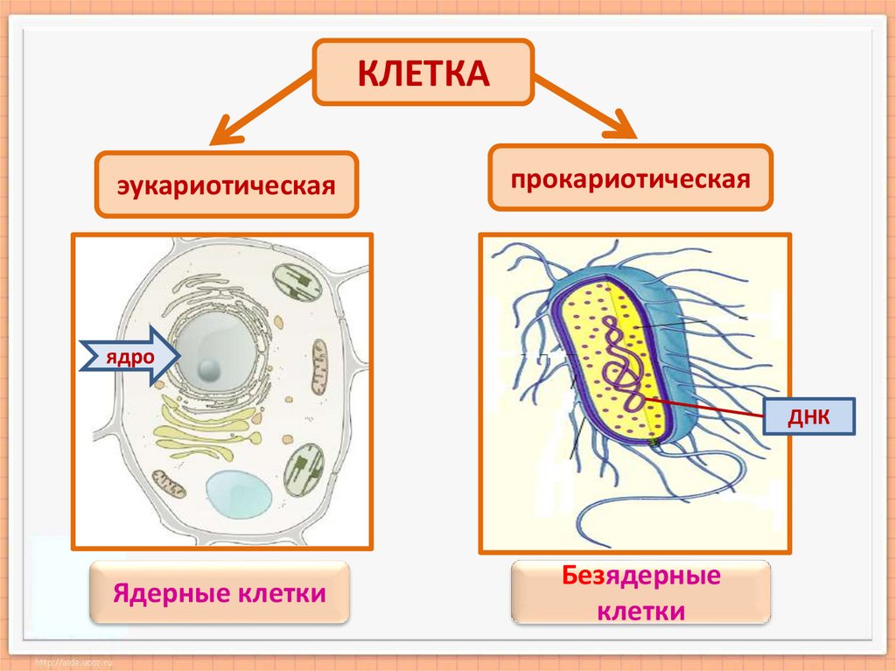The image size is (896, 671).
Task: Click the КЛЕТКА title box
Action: pos(423,72)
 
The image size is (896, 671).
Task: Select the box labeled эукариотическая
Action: pos(227,185)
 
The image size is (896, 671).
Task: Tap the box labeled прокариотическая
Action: pos(630,178)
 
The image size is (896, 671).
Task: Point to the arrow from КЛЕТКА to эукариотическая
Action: pos(261,108)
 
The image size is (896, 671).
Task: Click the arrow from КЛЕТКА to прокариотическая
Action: pos(584,107)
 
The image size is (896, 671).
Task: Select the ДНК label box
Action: pos(808,417)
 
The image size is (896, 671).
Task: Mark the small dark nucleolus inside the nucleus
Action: pos(207,369)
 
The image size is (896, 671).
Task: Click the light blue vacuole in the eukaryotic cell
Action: pos(238,494)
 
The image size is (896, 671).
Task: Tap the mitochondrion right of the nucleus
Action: pos(318,367)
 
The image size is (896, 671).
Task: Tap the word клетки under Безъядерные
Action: pos(640,610)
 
